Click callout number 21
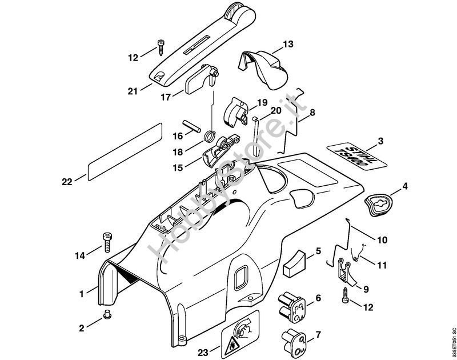point(133,91)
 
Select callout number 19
point(262,103)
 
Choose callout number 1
point(82,294)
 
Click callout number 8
point(313,113)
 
